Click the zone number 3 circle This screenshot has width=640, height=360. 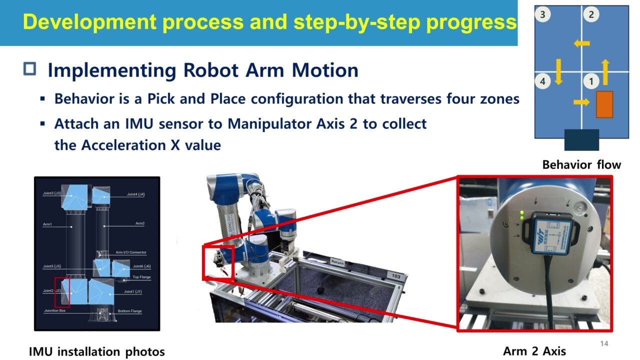click(x=543, y=14)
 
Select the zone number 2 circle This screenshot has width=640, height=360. click(x=591, y=14)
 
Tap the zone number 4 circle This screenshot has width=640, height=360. click(x=543, y=81)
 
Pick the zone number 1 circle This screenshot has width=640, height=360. click(x=591, y=81)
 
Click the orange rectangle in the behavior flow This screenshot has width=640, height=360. click(x=604, y=104)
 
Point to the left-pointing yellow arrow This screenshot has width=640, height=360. click(x=581, y=43)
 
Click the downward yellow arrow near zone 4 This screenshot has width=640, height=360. click(x=558, y=71)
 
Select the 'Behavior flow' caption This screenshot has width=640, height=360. click(x=581, y=164)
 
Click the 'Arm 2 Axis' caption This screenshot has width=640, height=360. click(x=534, y=351)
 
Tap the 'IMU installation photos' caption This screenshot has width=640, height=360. click(x=96, y=352)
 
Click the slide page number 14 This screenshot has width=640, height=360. click(x=604, y=343)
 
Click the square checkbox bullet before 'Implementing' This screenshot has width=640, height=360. click(x=30, y=69)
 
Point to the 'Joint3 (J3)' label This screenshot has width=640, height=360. click(x=52, y=193)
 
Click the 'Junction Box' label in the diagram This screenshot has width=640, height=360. click(x=54, y=310)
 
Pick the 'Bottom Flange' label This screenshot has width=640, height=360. click(x=129, y=311)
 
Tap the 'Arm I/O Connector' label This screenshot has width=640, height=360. click(x=131, y=252)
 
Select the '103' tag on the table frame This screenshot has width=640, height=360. click(x=396, y=275)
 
